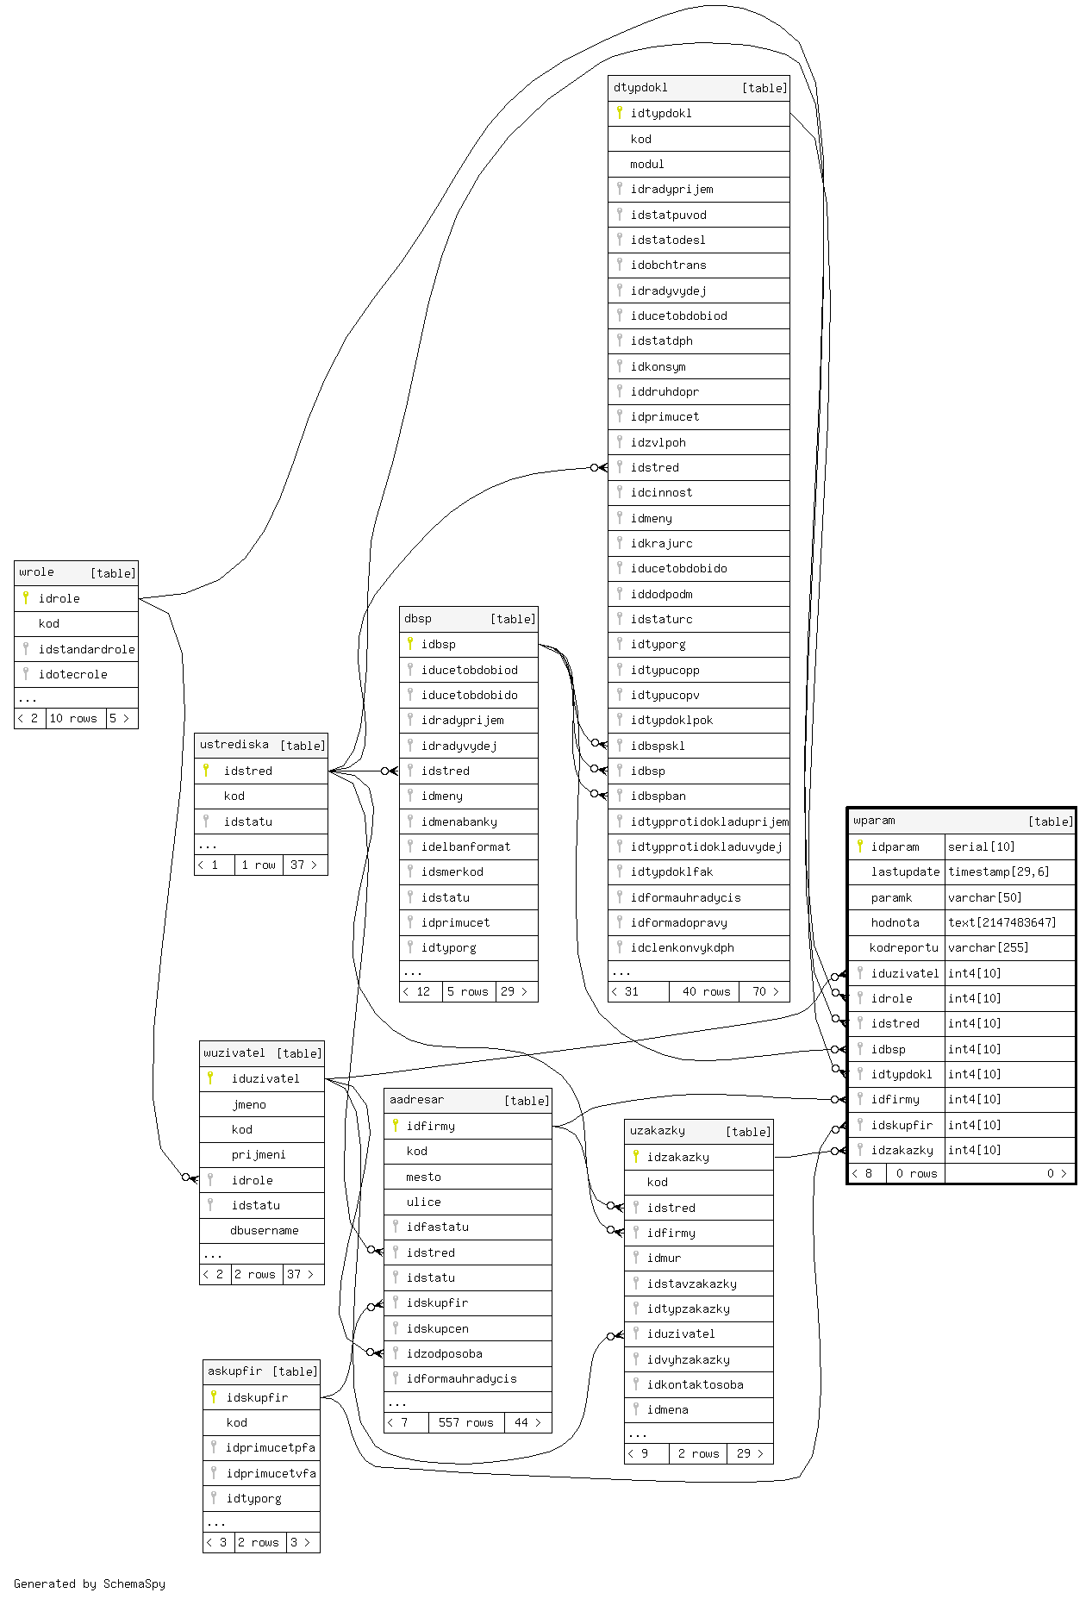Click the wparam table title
(x=874, y=821)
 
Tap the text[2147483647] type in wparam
(x=1002, y=922)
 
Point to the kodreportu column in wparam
(x=903, y=947)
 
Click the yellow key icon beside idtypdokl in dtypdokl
(x=620, y=113)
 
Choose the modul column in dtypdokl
(x=646, y=164)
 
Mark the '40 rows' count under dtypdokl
(x=706, y=991)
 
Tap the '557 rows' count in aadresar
(x=465, y=1422)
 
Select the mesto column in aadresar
(x=423, y=1177)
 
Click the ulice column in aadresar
(x=423, y=1202)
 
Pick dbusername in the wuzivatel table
(x=264, y=1230)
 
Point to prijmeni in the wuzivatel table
(x=258, y=1154)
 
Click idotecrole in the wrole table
(x=72, y=674)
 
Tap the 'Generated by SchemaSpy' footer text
(x=90, y=1583)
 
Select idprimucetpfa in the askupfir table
(x=270, y=1447)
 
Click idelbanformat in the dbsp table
(x=465, y=846)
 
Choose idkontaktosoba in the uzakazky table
(x=695, y=1384)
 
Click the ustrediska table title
(x=234, y=745)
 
